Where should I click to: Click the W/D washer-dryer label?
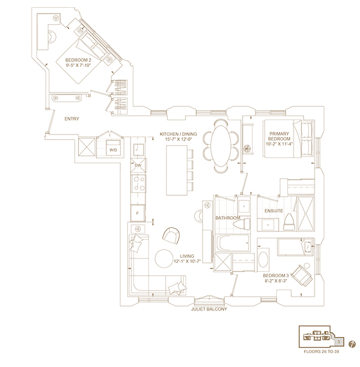click(113, 150)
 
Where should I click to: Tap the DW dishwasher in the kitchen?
click(138, 166)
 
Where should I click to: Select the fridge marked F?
click(138, 213)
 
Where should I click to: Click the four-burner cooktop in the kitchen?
click(138, 184)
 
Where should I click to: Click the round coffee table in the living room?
click(164, 259)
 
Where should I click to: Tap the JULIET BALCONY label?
click(209, 309)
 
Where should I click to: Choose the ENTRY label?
click(71, 118)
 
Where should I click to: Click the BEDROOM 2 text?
click(78, 60)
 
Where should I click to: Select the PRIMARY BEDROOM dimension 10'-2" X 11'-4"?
click(279, 144)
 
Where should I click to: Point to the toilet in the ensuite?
click(289, 223)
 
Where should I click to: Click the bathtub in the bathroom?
click(233, 243)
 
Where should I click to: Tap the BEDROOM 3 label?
click(276, 276)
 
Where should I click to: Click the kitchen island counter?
click(177, 170)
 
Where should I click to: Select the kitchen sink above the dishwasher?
click(138, 150)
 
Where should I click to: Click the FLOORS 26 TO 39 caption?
click(321, 352)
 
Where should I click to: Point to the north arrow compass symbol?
click(352, 344)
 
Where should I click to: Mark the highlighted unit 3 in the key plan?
click(338, 342)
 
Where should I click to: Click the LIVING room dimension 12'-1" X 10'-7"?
click(187, 261)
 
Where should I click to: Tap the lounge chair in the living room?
click(171, 236)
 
